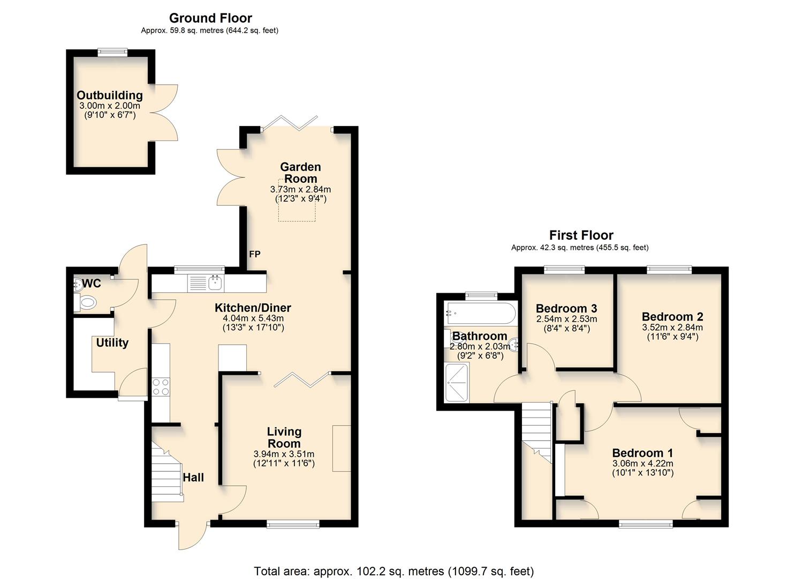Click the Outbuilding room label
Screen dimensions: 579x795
(x=110, y=95)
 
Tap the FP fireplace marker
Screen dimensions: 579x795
(x=255, y=254)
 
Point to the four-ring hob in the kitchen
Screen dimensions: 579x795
(x=161, y=387)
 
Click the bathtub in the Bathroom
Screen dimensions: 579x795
(x=480, y=311)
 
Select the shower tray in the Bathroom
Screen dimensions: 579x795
(x=457, y=382)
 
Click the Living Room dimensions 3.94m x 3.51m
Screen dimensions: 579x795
(x=284, y=454)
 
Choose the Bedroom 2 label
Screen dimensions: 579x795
(x=672, y=317)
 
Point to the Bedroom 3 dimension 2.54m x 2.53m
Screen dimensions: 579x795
(x=566, y=319)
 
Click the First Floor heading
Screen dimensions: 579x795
(x=581, y=235)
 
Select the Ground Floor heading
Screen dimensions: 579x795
(x=210, y=18)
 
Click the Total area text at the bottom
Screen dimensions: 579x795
(x=393, y=571)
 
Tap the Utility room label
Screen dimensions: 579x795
(x=112, y=343)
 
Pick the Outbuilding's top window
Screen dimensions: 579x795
(x=113, y=52)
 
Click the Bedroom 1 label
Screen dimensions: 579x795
(x=642, y=453)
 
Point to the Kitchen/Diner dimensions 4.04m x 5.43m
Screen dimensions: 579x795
(x=253, y=318)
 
